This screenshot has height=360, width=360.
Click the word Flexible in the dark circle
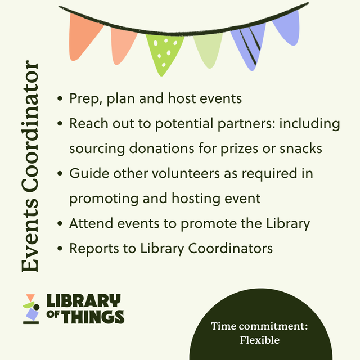(259, 340)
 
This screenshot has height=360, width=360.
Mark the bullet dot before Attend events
(60, 224)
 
